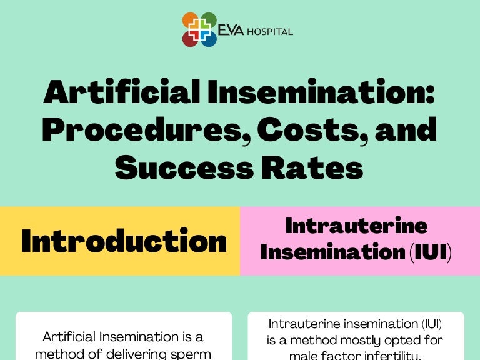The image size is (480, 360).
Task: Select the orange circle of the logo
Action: point(191,21)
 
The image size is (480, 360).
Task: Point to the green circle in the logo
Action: point(209,21)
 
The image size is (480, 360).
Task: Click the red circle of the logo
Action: point(191,39)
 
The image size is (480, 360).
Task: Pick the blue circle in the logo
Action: point(209,39)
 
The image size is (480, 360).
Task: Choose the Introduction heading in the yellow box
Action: point(124,241)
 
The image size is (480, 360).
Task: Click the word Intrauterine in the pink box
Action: point(356,226)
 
